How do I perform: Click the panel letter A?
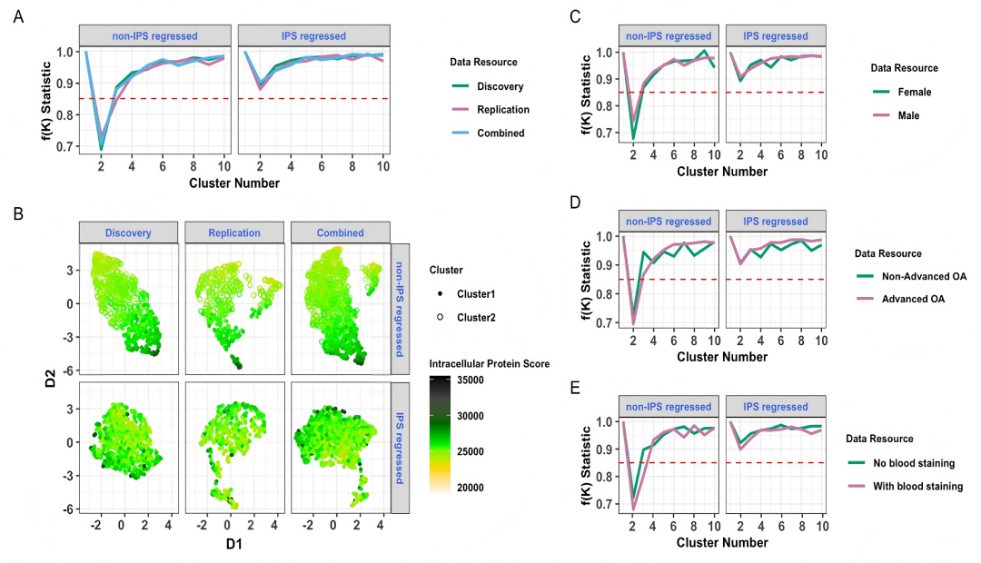coord(18,17)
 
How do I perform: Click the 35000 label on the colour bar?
coord(470,380)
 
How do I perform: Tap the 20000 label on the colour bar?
coord(470,488)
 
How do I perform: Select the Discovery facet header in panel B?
coord(128,232)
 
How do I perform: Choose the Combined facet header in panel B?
coord(341,232)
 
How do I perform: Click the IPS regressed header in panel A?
coord(313,35)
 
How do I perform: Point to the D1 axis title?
coord(234,544)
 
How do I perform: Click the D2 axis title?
coord(50,378)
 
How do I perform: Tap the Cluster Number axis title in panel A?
coord(234,183)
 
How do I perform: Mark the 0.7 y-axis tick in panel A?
coord(65,147)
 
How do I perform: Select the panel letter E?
coord(575,389)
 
